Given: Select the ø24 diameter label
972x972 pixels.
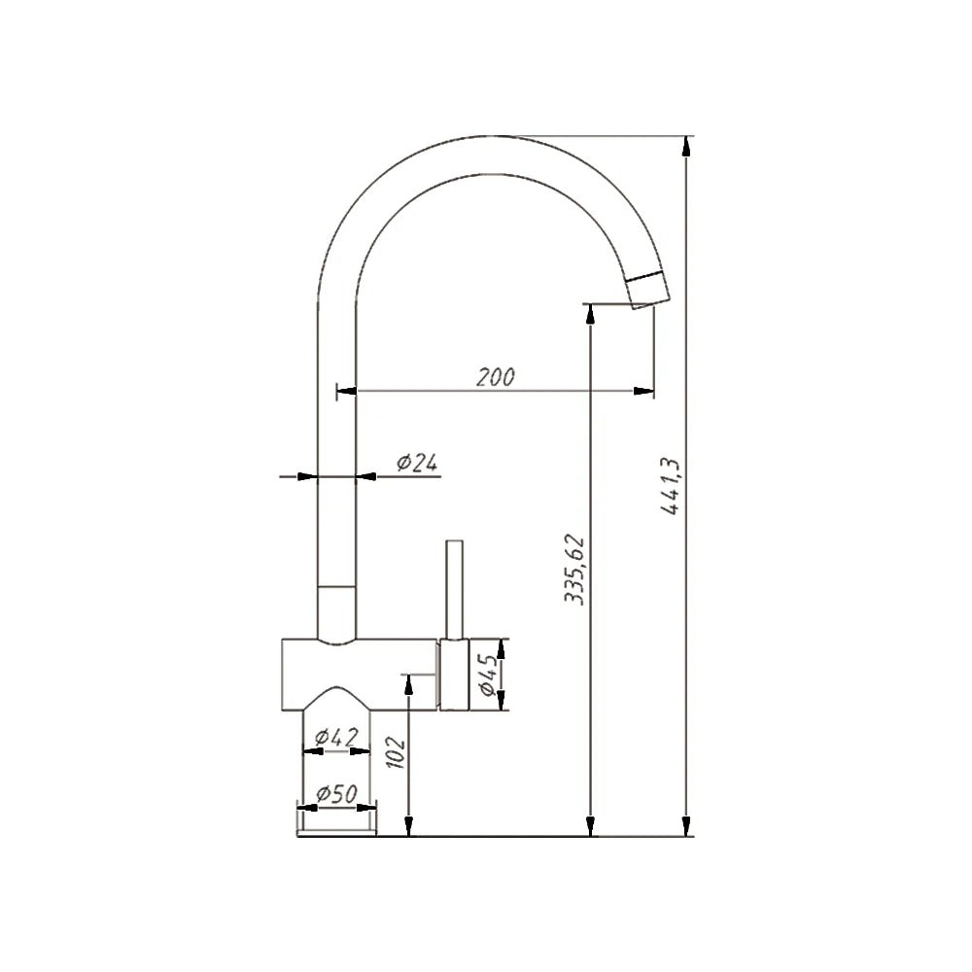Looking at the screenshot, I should (x=416, y=463).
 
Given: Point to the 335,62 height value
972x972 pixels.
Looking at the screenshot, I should (x=575, y=570).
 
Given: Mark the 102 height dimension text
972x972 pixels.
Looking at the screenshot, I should (x=395, y=752).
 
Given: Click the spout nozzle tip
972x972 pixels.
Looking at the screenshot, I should (x=648, y=291).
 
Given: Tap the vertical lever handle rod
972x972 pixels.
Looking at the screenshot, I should (x=454, y=589).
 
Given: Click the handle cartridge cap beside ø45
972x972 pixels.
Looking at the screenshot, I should (x=454, y=675).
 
